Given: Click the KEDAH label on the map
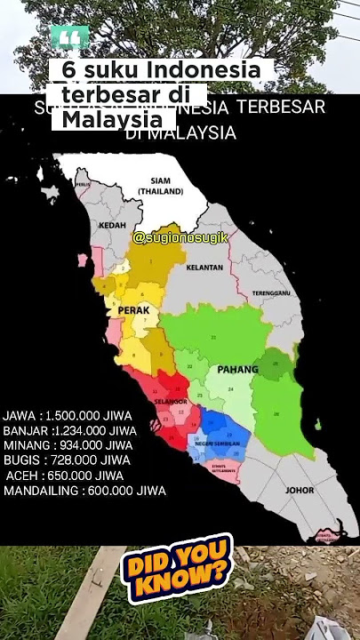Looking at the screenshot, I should click(x=113, y=226).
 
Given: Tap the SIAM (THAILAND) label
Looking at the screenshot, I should click(x=161, y=185).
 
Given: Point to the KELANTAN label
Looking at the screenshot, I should click(x=204, y=267).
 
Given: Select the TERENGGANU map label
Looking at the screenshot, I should click(x=272, y=292).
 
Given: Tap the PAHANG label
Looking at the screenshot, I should click(x=237, y=369).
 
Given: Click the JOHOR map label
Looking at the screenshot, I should click(x=300, y=490).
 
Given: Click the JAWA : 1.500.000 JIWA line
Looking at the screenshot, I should click(x=68, y=415).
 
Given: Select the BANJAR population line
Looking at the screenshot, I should click(x=69, y=430).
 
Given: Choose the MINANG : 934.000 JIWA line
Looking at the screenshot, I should click(x=68, y=445).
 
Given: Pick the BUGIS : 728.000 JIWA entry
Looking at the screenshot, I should click(x=67, y=460).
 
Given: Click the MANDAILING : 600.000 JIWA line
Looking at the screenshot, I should click(x=84, y=491).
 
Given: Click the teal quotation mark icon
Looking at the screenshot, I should click(x=70, y=38).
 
